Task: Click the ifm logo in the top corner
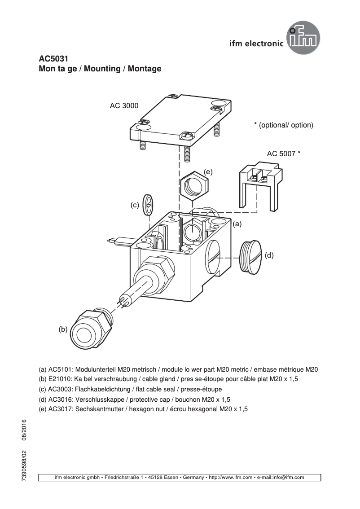[x=305, y=39]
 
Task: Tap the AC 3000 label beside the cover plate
[x=124, y=106]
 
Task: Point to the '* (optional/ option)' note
[x=283, y=125]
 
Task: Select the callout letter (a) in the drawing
[x=237, y=223]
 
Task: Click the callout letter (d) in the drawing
[x=269, y=255]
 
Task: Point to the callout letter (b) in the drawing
[x=62, y=329]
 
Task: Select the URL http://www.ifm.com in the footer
[x=229, y=477]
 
